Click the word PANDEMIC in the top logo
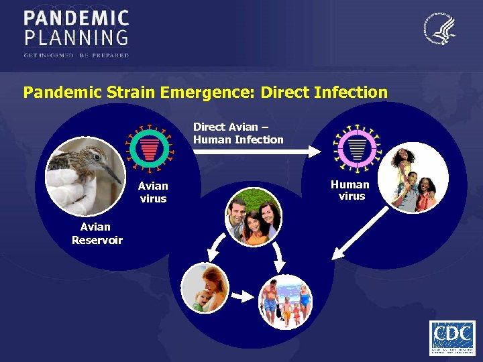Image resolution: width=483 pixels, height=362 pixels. click(x=76, y=18)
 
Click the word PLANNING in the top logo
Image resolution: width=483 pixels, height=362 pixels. click(x=76, y=36)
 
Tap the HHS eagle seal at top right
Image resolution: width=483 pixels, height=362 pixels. click(x=440, y=29)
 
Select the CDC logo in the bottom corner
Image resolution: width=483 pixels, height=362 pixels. click(x=452, y=337)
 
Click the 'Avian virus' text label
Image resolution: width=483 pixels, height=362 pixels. click(x=153, y=192)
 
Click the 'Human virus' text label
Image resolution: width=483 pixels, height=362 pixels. click(x=351, y=190)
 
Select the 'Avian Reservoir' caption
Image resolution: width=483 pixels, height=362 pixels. click(x=97, y=233)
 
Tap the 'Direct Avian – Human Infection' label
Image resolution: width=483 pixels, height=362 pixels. click(x=238, y=133)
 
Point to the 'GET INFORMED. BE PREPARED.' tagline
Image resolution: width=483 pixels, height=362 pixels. click(x=76, y=54)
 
